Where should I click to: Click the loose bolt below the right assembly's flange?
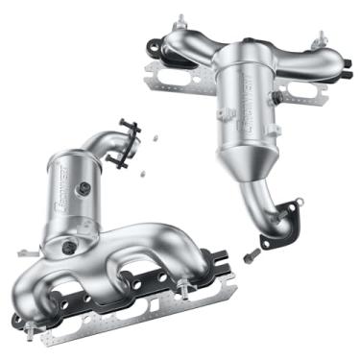(251, 256)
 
